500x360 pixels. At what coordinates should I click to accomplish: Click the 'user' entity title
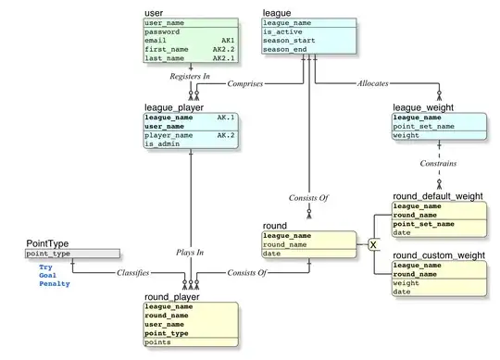click(x=155, y=12)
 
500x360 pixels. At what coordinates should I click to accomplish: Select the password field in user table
click(x=163, y=31)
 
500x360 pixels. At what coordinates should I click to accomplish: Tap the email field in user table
click(x=157, y=42)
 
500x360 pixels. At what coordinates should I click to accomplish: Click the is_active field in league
click(x=283, y=31)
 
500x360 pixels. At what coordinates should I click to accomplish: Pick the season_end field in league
click(x=286, y=51)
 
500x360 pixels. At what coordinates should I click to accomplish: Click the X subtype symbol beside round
click(x=373, y=244)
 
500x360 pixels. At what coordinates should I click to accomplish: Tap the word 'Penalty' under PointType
click(x=54, y=284)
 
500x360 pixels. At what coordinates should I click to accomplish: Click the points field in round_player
click(x=159, y=341)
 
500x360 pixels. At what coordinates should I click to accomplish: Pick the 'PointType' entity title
click(x=49, y=242)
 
